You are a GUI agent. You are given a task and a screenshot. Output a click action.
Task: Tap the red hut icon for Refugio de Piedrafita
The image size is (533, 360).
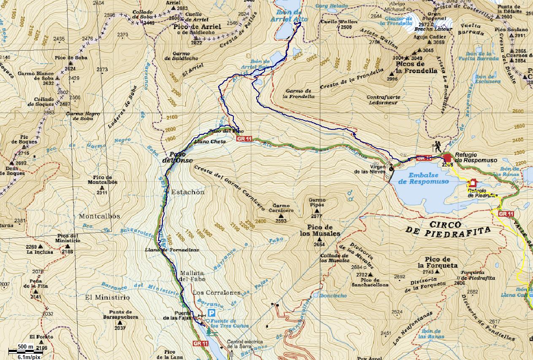pos(472,183)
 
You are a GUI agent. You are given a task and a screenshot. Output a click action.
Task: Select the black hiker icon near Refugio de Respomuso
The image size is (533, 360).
pos(438,147)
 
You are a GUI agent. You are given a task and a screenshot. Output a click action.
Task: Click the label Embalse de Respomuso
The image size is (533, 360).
pos(423,178)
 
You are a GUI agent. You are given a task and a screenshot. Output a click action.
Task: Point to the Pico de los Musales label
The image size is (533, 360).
pos(320,230)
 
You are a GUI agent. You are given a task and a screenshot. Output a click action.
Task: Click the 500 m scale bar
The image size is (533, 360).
pos(25,350)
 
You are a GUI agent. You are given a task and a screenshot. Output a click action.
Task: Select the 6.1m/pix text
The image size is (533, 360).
pos(29,357)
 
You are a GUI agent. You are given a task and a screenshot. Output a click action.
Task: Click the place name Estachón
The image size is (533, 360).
pos(187,192)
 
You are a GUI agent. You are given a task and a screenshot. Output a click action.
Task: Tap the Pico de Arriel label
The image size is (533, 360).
pos(197,27)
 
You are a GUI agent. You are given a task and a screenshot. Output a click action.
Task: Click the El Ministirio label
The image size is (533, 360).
pos(107,297)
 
